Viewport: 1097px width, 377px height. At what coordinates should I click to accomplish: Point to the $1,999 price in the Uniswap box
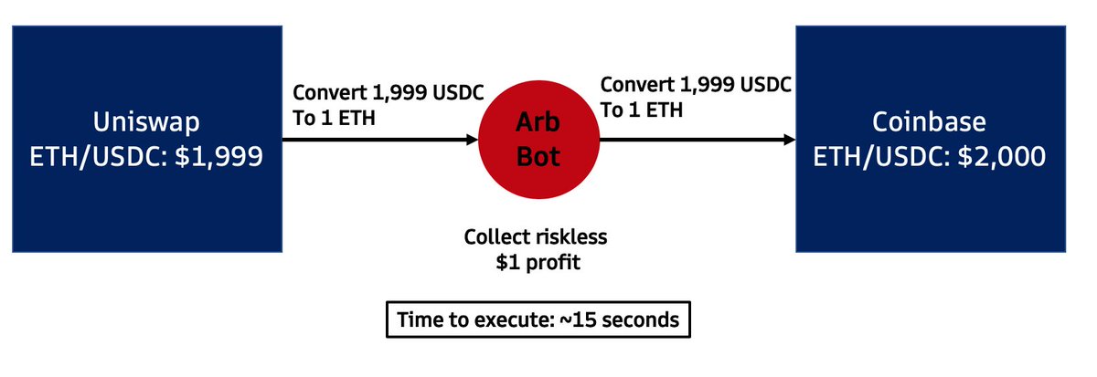pos(224,157)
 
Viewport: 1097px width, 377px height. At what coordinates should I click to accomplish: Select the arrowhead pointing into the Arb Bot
pos(471,141)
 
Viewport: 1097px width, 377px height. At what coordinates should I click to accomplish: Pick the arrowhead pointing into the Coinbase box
pos(788,141)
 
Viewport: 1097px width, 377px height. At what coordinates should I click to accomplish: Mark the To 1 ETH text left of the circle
pos(333,117)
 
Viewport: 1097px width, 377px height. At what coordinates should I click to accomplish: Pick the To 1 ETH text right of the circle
pos(641,108)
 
